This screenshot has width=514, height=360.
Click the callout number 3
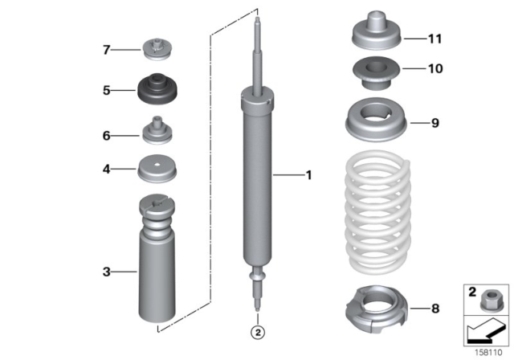[x=105, y=272]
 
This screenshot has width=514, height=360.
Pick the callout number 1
[x=308, y=174]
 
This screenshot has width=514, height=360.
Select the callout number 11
[x=434, y=38]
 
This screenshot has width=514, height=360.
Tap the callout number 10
[x=434, y=69]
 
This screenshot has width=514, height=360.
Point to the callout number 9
[x=434, y=123]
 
